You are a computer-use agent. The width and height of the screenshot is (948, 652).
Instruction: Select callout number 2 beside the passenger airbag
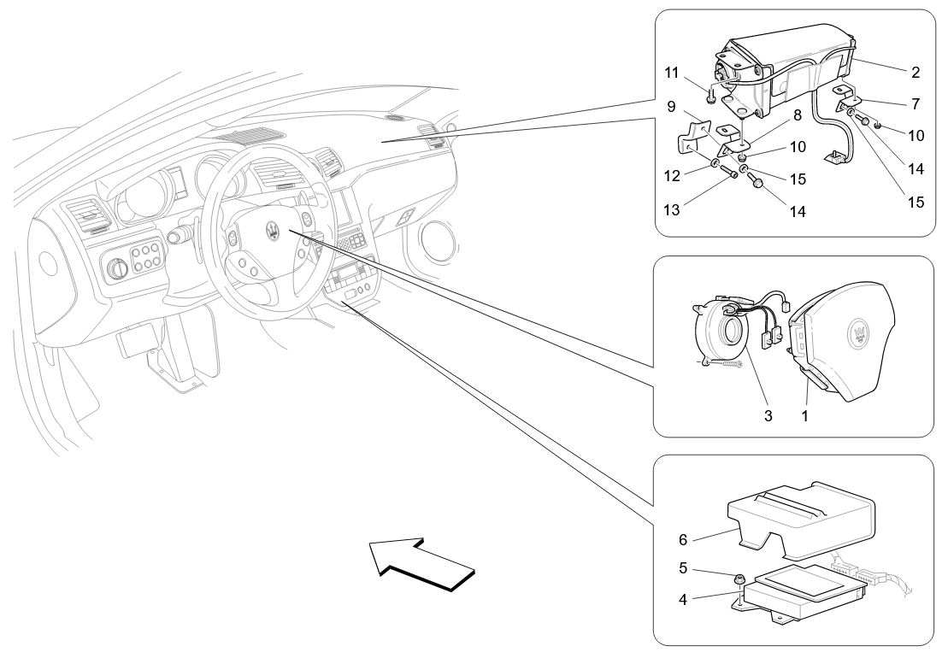[x=915, y=73]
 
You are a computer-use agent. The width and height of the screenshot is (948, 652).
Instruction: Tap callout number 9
[x=672, y=107]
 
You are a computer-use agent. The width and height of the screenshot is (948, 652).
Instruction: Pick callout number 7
[x=915, y=104]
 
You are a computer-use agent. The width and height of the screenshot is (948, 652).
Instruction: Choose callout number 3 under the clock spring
[x=768, y=416]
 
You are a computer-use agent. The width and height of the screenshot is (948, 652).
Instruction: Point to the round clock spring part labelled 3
[x=721, y=338]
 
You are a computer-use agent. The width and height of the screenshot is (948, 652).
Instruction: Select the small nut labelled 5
[x=738, y=579]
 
